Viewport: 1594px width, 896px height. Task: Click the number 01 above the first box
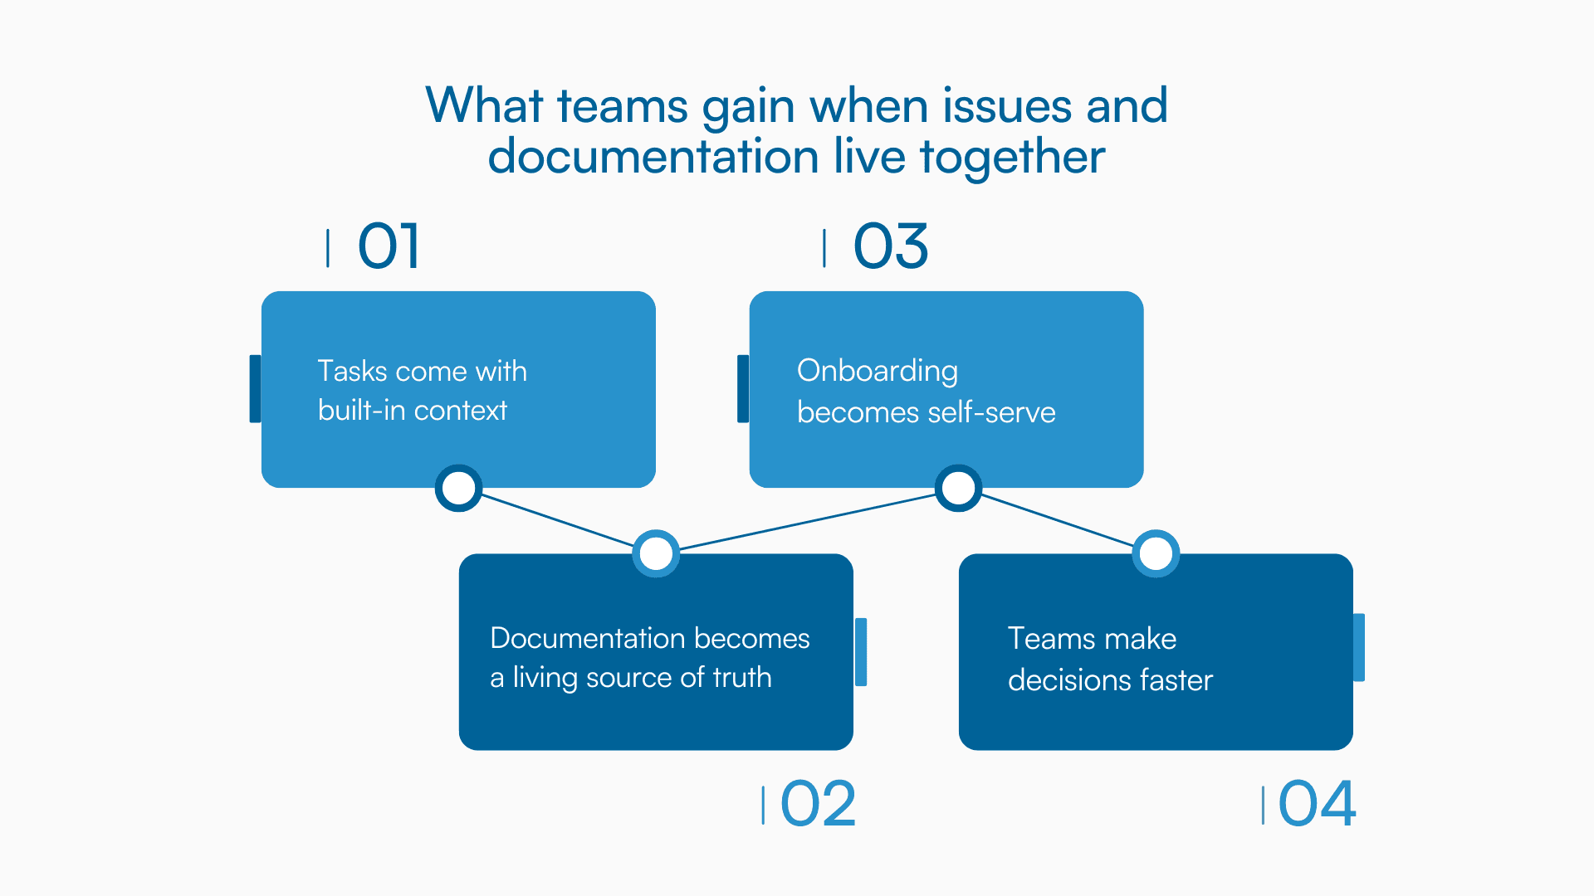(x=389, y=246)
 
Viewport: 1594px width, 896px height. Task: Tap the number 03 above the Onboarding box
(x=890, y=246)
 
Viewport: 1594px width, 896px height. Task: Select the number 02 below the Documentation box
(x=818, y=804)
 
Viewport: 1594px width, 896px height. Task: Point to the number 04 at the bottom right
(x=1317, y=804)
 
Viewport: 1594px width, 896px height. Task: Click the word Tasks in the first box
(x=353, y=371)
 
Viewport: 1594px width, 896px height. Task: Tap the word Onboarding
(x=877, y=371)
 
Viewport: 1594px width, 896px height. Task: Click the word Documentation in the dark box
(x=588, y=638)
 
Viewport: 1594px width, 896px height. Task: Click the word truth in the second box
(x=741, y=678)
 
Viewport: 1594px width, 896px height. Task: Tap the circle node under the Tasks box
(x=458, y=488)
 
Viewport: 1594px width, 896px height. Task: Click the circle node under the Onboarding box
(x=958, y=488)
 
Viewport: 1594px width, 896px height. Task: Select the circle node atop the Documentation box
(x=656, y=553)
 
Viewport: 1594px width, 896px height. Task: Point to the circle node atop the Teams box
(x=1156, y=553)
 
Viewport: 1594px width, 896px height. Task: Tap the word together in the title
(x=1012, y=158)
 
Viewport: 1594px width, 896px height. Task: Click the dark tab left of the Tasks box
(x=255, y=388)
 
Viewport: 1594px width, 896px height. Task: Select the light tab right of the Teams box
(x=1359, y=647)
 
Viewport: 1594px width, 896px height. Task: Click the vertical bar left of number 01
(x=328, y=248)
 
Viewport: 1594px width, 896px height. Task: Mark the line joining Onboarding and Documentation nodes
(x=807, y=522)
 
